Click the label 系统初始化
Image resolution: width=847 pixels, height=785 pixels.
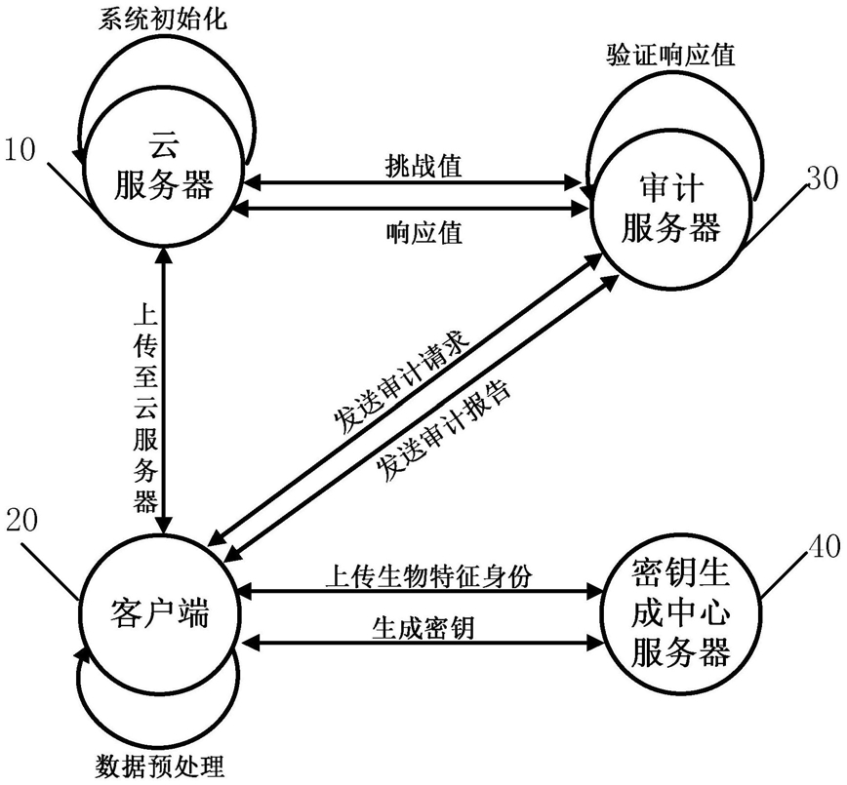pyautogui.click(x=163, y=19)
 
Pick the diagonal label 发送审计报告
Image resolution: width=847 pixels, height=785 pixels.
pyautogui.click(x=445, y=427)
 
